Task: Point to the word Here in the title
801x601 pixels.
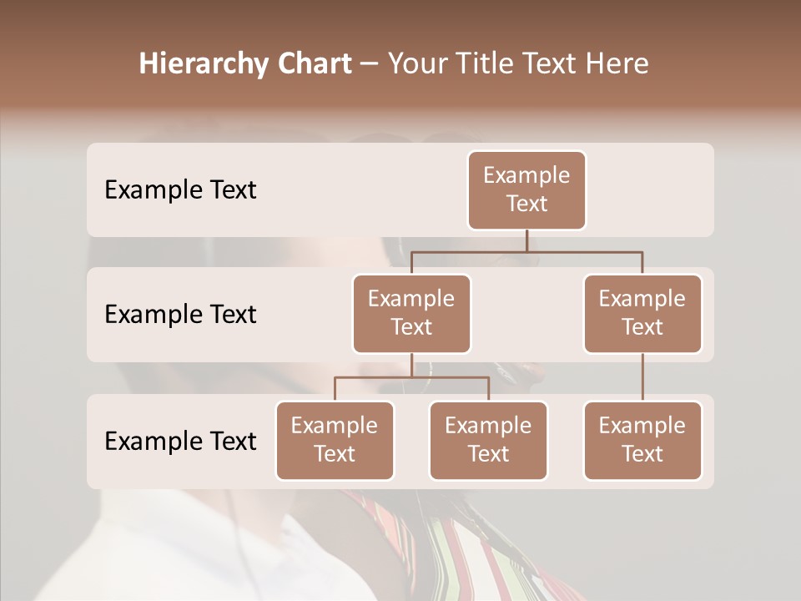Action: tap(617, 63)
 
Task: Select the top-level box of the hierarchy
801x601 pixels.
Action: tap(526, 189)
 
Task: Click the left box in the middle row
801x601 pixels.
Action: tap(411, 313)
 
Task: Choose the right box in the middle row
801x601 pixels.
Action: tap(642, 313)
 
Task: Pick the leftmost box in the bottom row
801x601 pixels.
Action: tap(335, 440)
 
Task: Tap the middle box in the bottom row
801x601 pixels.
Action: tap(488, 440)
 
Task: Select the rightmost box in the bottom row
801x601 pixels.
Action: tap(642, 440)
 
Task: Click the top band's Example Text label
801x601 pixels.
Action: tap(180, 189)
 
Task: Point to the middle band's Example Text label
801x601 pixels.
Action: tap(180, 314)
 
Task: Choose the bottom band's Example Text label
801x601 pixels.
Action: tap(180, 441)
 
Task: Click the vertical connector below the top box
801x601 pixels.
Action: tap(526, 240)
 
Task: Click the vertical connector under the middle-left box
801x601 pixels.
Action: tap(411, 365)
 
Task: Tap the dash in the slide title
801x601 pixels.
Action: tap(369, 64)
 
